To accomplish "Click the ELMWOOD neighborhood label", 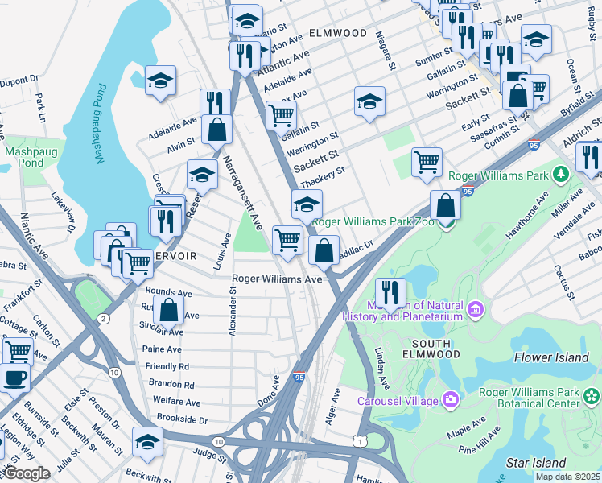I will tap(337, 34).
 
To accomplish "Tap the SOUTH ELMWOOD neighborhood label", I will tap(426, 349).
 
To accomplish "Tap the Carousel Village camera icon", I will tap(449, 400).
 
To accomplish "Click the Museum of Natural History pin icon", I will tap(476, 309).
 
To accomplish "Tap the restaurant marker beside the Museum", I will tap(390, 292).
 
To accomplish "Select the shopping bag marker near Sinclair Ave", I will tap(169, 309).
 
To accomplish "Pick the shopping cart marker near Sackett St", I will tap(427, 161).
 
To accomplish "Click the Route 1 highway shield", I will tap(360, 441).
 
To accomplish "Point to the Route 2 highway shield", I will tap(104, 319).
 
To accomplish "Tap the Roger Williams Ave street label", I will tap(277, 279).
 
